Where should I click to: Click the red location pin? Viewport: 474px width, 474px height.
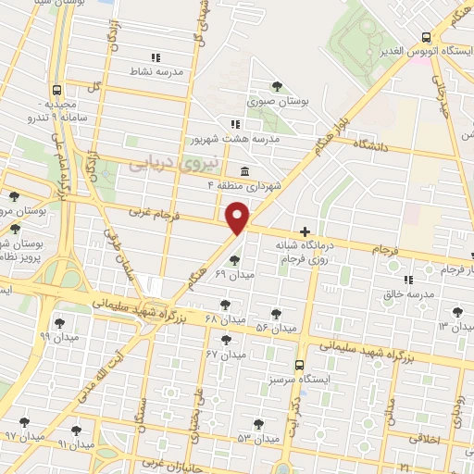(x=239, y=218)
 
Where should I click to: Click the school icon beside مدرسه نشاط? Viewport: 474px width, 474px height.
(x=155, y=56)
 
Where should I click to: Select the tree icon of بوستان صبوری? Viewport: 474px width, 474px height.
(x=276, y=87)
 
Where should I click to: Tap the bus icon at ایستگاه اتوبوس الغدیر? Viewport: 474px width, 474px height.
(x=425, y=37)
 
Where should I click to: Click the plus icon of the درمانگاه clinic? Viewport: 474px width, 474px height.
(x=305, y=231)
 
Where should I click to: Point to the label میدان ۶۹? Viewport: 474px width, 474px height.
(x=234, y=274)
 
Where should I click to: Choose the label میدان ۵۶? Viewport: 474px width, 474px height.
(x=275, y=328)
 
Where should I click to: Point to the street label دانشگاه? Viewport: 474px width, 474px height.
(x=387, y=146)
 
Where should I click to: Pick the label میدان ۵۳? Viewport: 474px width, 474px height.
(x=256, y=437)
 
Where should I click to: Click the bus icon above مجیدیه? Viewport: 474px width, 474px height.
(x=57, y=91)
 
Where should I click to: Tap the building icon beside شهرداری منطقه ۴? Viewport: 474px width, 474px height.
(x=243, y=171)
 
